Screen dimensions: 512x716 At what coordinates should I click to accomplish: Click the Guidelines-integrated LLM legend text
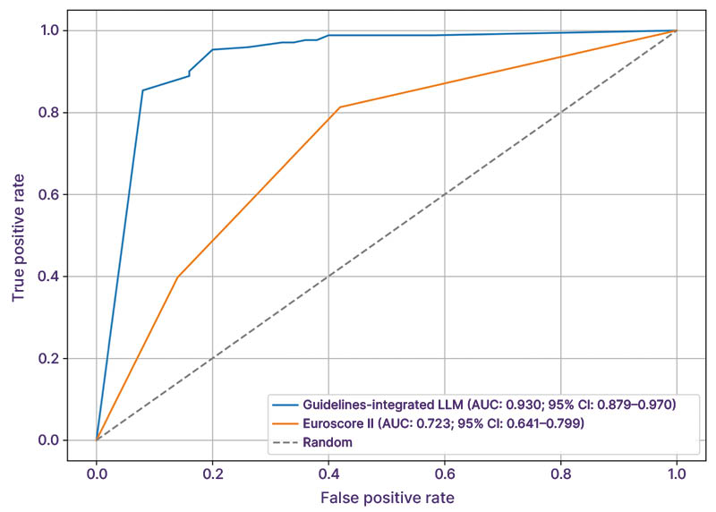click(x=489, y=405)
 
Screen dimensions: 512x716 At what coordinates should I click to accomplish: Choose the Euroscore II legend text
click(x=443, y=423)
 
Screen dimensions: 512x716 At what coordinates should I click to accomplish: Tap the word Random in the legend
click(x=328, y=441)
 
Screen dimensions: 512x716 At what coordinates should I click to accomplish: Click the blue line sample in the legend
click(x=285, y=405)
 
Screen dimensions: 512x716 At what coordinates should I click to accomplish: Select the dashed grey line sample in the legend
click(x=285, y=441)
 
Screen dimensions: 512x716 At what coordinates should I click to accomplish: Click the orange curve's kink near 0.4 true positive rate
click(x=178, y=277)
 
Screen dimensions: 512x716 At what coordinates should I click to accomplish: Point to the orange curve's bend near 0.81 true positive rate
click(x=340, y=107)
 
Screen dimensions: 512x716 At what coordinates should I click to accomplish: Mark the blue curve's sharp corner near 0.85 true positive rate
click(x=142, y=90)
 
